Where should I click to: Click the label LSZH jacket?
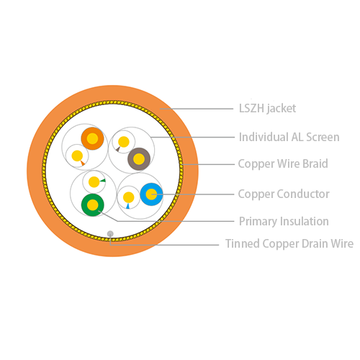point(267,109)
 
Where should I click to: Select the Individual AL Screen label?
point(289,137)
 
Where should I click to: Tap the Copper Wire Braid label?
point(283,163)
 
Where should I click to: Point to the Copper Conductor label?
point(284,194)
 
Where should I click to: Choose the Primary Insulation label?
point(284,221)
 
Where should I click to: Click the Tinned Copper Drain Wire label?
point(289,243)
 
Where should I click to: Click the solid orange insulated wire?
point(92,138)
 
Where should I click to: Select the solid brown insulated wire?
point(139,159)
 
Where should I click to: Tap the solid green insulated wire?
point(93,205)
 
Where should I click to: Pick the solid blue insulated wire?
point(151,194)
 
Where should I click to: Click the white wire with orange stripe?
point(77,156)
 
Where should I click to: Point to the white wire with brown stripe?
point(124,142)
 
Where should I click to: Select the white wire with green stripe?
point(94,182)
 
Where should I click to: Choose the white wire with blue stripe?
point(128,197)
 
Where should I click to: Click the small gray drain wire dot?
point(110,233)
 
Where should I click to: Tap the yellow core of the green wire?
point(93,205)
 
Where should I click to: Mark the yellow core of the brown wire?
point(139,159)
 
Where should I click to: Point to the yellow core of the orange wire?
point(92,138)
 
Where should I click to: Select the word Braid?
point(315,163)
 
